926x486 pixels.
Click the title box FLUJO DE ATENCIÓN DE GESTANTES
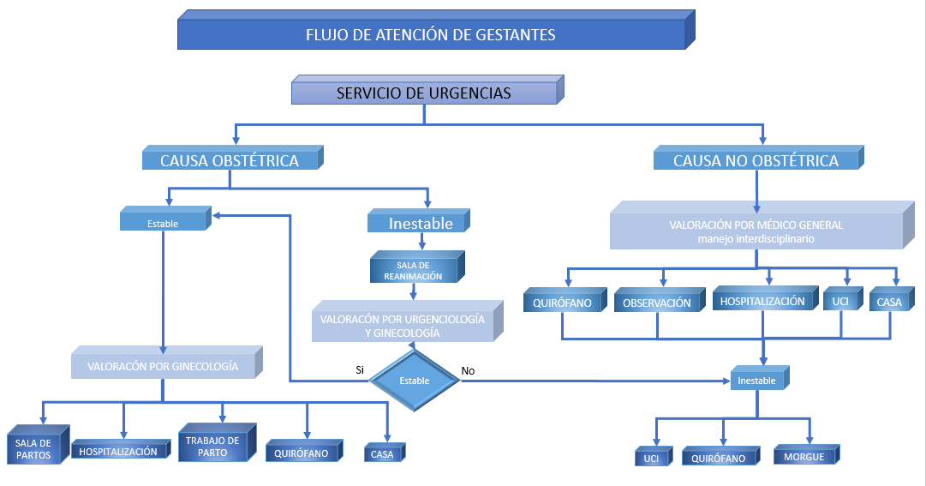(430, 35)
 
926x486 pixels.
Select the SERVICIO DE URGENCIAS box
(423, 93)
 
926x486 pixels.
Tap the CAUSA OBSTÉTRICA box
(230, 160)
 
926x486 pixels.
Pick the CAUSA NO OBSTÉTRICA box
(756, 160)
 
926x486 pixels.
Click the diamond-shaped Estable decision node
(415, 379)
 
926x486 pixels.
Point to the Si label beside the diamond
(360, 370)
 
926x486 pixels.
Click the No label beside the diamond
(468, 371)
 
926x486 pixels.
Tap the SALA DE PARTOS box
(33, 448)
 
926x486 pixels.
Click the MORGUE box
(804, 457)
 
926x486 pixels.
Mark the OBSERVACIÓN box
(657, 303)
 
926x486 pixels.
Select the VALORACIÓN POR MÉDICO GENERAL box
(756, 231)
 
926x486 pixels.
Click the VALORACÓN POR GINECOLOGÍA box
(162, 367)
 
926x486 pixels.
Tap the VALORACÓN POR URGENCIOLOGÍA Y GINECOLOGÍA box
(403, 326)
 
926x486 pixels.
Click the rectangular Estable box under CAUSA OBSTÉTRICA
(163, 223)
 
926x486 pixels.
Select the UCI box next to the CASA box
(837, 303)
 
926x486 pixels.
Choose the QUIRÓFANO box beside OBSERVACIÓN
(562, 303)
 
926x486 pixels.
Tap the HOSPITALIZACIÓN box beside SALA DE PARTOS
(119, 451)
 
